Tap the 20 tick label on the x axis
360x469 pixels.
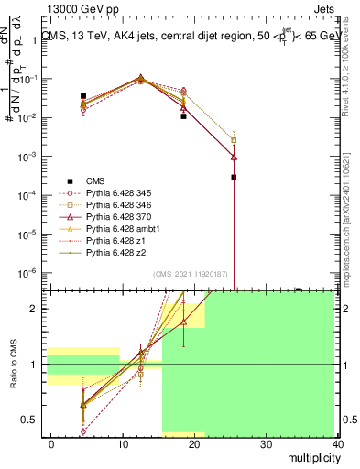click(194, 443)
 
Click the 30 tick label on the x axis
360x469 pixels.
click(267, 443)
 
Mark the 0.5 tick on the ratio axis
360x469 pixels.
click(34, 420)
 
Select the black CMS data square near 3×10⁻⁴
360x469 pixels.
click(234, 177)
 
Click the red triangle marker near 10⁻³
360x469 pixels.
click(234, 157)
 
